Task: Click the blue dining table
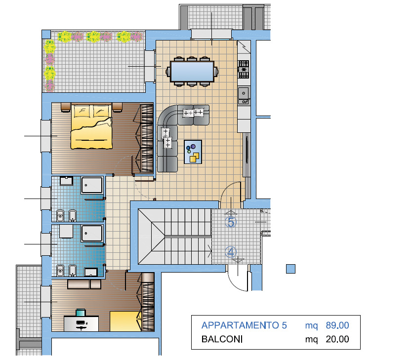[x=192, y=72]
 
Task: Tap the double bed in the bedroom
[x=91, y=127]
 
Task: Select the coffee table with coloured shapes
[x=193, y=152]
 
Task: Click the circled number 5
[x=231, y=222]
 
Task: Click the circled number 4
[x=231, y=252]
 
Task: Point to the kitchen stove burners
[x=244, y=69]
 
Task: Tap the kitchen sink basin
[x=244, y=93]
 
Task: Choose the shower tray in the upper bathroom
[x=92, y=185]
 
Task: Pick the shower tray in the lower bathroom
[x=92, y=233]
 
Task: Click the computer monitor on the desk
[x=81, y=313]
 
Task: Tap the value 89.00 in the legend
[x=337, y=325]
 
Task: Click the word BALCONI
[x=222, y=339]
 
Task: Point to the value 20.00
[x=337, y=339]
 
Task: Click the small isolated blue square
[x=291, y=269]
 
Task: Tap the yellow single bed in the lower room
[x=125, y=321]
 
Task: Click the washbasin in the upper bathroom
[x=66, y=181]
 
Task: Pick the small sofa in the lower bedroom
[x=84, y=284]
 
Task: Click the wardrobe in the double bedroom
[x=147, y=138]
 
